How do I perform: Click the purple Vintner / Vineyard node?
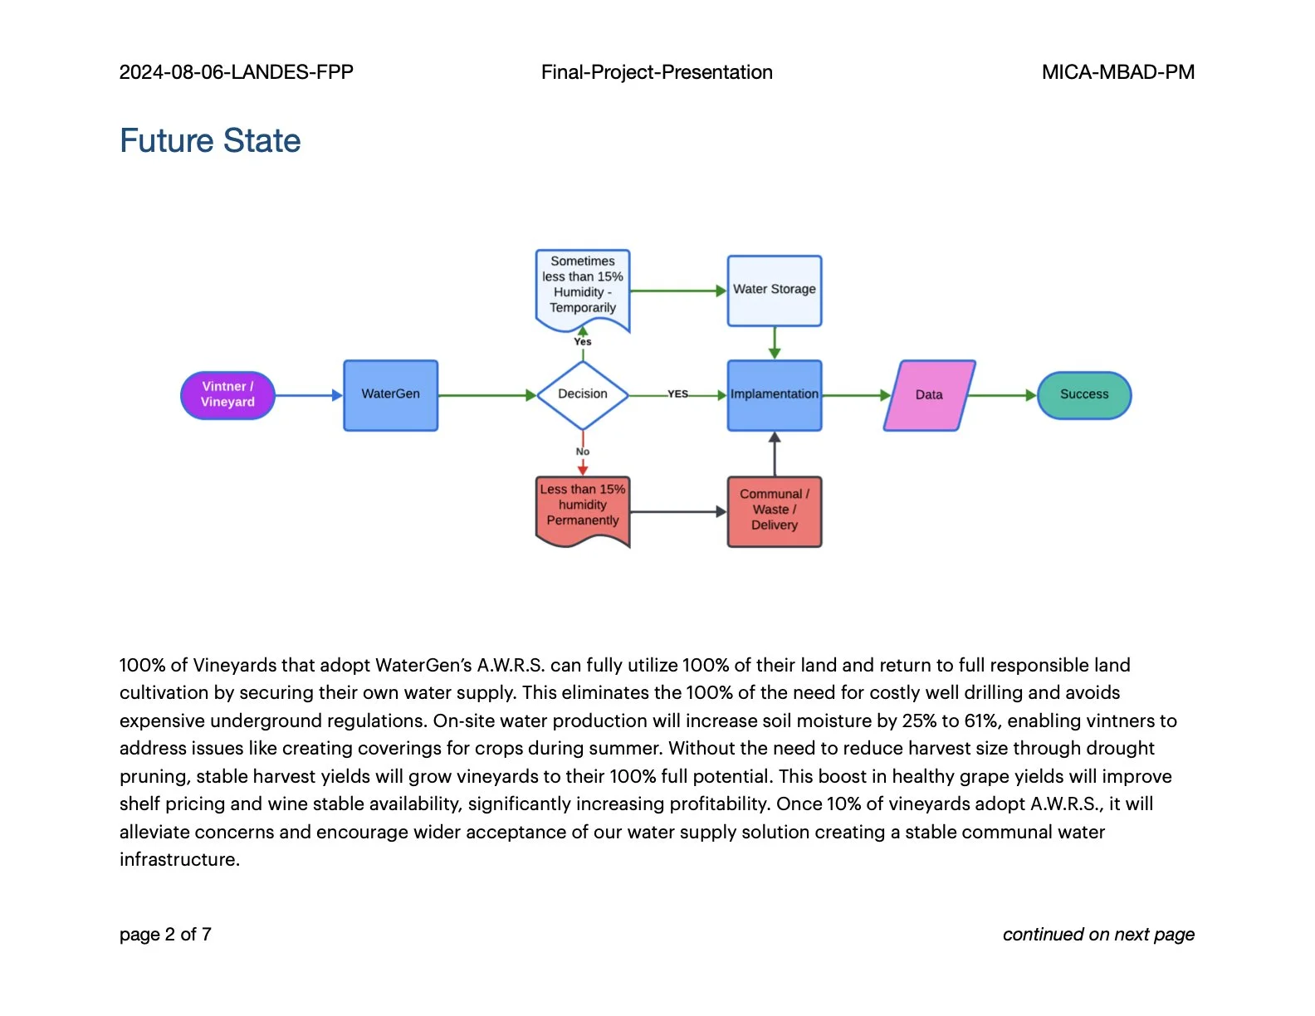227,395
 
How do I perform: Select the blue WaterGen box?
390,395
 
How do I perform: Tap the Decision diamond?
583,395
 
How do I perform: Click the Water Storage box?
774,291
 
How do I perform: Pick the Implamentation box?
774,395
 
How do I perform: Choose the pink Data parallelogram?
929,395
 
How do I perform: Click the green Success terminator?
1083,395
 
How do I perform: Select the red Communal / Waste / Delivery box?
774,510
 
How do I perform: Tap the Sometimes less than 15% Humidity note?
583,286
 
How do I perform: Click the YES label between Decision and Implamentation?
678,394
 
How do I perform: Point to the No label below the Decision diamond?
583,452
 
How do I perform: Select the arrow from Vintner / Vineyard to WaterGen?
308,395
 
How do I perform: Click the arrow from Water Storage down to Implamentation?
774,342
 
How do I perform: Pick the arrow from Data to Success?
1002,395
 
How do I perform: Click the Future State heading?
210,141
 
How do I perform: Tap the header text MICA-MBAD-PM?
1117,72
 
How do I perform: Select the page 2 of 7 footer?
165,935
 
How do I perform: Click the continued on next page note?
1097,935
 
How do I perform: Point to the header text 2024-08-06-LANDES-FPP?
237,72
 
